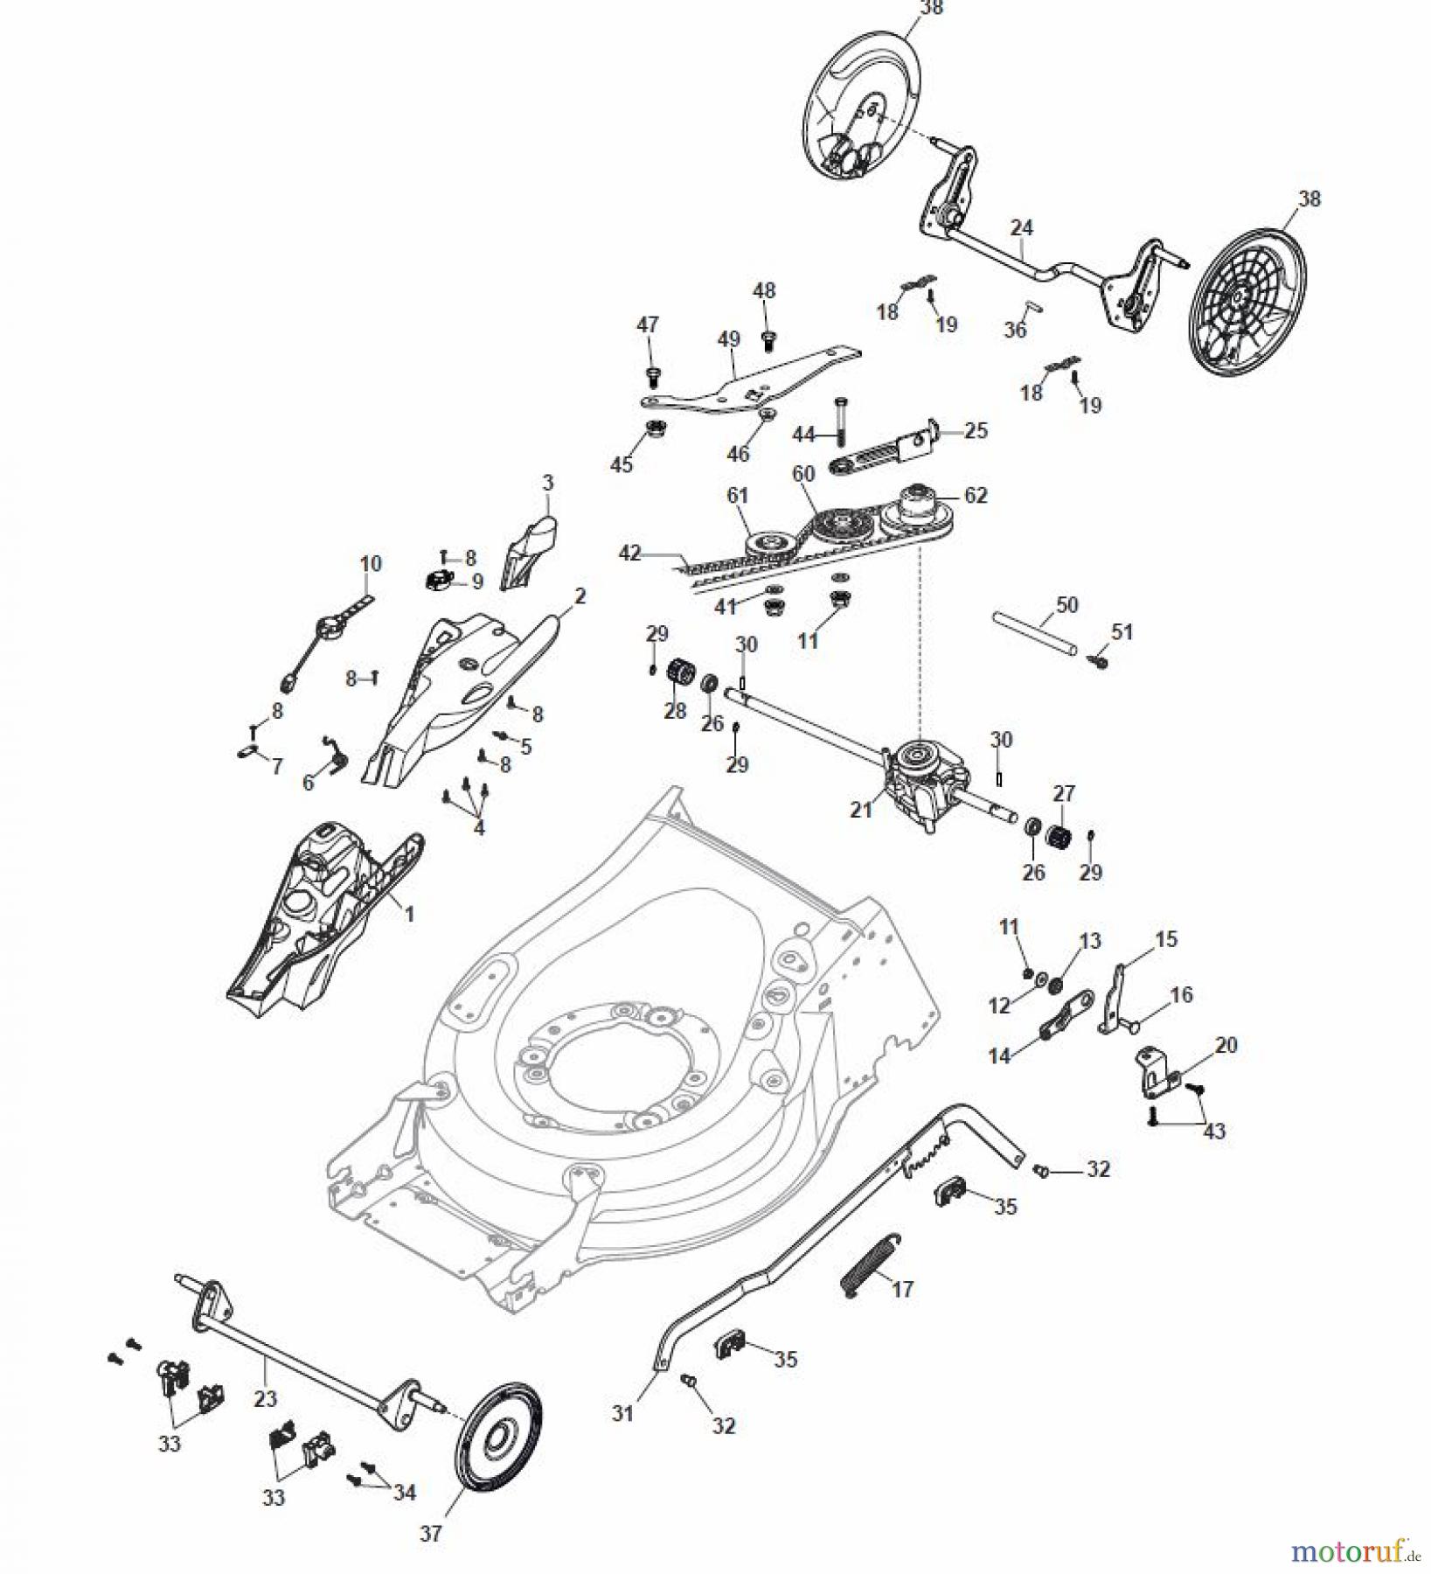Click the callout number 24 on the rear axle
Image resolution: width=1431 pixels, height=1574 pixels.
click(x=1021, y=228)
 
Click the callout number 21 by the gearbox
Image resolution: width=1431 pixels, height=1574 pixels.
click(x=861, y=811)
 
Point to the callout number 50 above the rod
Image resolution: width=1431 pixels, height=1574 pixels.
click(x=1067, y=604)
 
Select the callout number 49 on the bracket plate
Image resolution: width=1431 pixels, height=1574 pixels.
click(x=728, y=339)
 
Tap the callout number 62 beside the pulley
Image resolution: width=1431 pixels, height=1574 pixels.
click(x=976, y=495)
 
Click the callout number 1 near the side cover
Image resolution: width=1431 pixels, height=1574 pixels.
click(x=408, y=914)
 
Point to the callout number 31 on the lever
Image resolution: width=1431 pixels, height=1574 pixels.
click(x=622, y=1413)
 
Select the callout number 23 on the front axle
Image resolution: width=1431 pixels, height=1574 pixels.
click(x=265, y=1397)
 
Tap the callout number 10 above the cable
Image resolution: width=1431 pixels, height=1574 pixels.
click(x=371, y=563)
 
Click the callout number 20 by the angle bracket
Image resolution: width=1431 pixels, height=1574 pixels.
click(x=1226, y=1045)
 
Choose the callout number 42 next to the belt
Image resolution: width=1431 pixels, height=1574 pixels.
click(x=629, y=554)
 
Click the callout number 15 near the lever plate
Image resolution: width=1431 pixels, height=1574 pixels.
click(x=1166, y=939)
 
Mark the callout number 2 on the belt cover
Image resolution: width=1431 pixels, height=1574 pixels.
click(x=580, y=595)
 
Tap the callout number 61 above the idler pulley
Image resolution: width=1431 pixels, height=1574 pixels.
click(x=738, y=495)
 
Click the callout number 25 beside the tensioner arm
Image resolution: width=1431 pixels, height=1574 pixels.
click(x=976, y=430)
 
